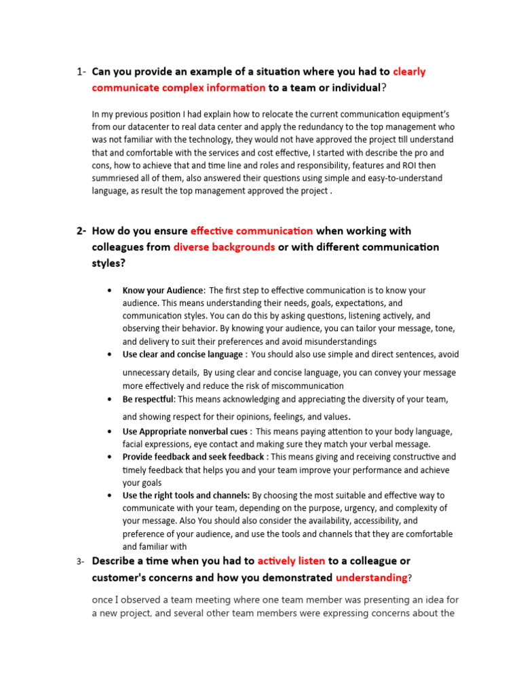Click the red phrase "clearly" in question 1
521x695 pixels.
(x=409, y=71)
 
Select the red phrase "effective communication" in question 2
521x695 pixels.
(x=252, y=231)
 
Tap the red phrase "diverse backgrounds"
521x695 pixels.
(x=224, y=247)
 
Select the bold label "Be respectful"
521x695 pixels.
(x=149, y=399)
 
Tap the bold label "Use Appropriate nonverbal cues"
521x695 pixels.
(x=185, y=432)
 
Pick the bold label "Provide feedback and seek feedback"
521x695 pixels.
(x=193, y=457)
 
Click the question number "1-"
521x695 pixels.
(x=81, y=72)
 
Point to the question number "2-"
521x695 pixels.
(x=81, y=231)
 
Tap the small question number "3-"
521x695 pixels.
(x=81, y=562)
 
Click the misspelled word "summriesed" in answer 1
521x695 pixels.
(x=115, y=179)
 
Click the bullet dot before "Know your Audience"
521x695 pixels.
(x=110, y=290)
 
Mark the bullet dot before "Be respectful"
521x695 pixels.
(x=110, y=399)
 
